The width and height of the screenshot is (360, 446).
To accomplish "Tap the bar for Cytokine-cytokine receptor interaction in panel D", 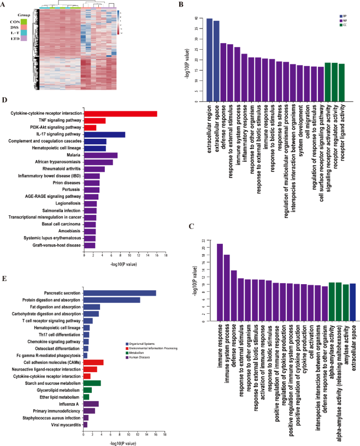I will click(120, 113).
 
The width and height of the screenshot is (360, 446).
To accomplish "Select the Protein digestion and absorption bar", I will click(111, 300).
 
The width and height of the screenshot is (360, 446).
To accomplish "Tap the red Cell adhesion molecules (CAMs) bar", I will click(93, 362).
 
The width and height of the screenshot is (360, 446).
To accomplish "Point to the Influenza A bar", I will click(91, 403).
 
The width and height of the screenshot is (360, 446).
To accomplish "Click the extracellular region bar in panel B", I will click(209, 60).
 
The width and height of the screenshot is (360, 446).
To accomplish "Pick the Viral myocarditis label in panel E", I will click(64, 424).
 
